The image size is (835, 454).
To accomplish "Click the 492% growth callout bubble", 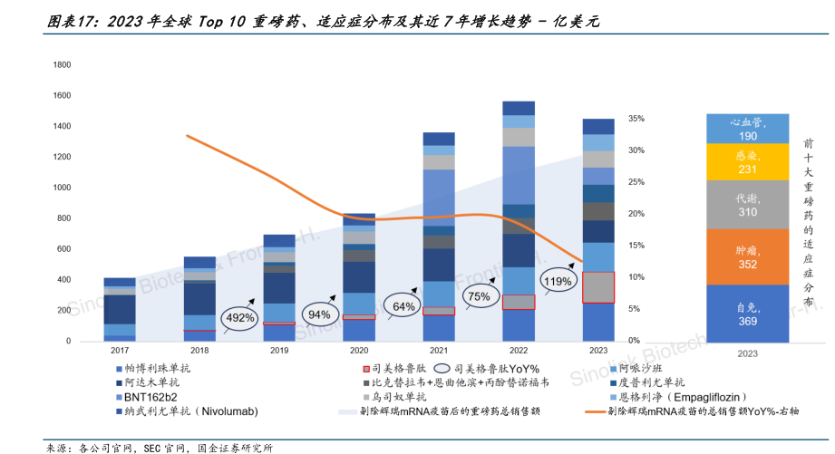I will [238, 317].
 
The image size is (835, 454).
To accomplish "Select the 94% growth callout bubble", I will [318, 314].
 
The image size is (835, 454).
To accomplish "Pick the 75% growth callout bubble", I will [478, 296].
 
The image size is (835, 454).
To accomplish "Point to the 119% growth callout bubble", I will [557, 282].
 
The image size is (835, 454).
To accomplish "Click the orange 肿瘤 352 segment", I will [747, 256].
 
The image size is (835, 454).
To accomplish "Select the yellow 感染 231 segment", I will [747, 162].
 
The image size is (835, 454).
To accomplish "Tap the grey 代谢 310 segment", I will [747, 205].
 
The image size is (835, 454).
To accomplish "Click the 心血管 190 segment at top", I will [747, 129].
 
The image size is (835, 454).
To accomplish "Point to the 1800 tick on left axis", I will [63, 65].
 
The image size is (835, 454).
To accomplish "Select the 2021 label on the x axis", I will [439, 350].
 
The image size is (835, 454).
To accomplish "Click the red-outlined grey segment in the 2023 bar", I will [597, 287].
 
